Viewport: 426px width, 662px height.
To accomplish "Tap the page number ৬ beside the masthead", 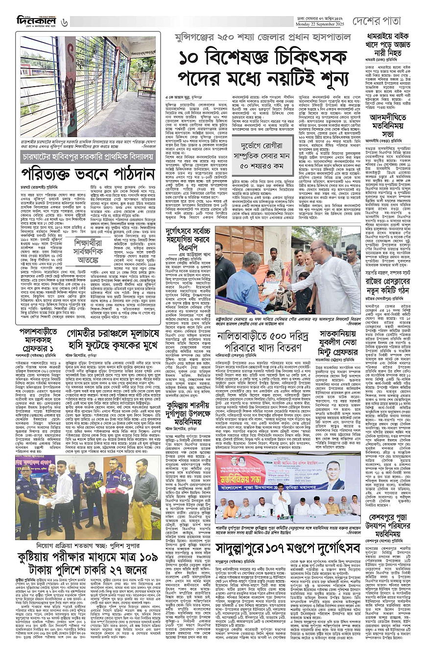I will tap(64, 22).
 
